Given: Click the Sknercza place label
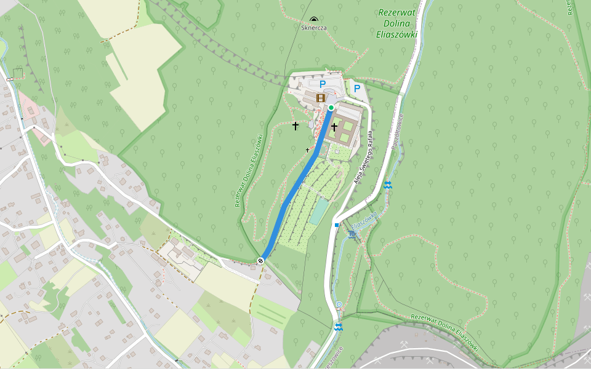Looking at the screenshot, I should point(314,28).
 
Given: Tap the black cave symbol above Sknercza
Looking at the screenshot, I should point(315,20).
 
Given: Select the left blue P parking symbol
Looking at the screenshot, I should point(322,84).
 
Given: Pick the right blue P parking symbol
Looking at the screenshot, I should point(356,89).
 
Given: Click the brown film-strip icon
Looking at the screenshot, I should point(320,97).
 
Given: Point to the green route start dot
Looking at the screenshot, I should point(331,108).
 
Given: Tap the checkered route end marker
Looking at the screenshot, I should point(261,261).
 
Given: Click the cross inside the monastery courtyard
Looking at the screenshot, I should point(334,127).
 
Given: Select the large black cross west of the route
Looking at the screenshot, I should point(295,126).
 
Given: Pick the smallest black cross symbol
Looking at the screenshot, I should point(308,150).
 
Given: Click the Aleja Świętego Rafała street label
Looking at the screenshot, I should point(363,157).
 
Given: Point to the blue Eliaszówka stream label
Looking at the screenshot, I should point(364,221).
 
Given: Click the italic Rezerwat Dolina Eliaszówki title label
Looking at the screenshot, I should point(397,23).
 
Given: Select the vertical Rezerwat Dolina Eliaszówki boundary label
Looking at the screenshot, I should point(249,170).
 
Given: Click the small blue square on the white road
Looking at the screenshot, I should point(337,225).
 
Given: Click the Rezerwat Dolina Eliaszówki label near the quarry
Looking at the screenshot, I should point(444,333).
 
